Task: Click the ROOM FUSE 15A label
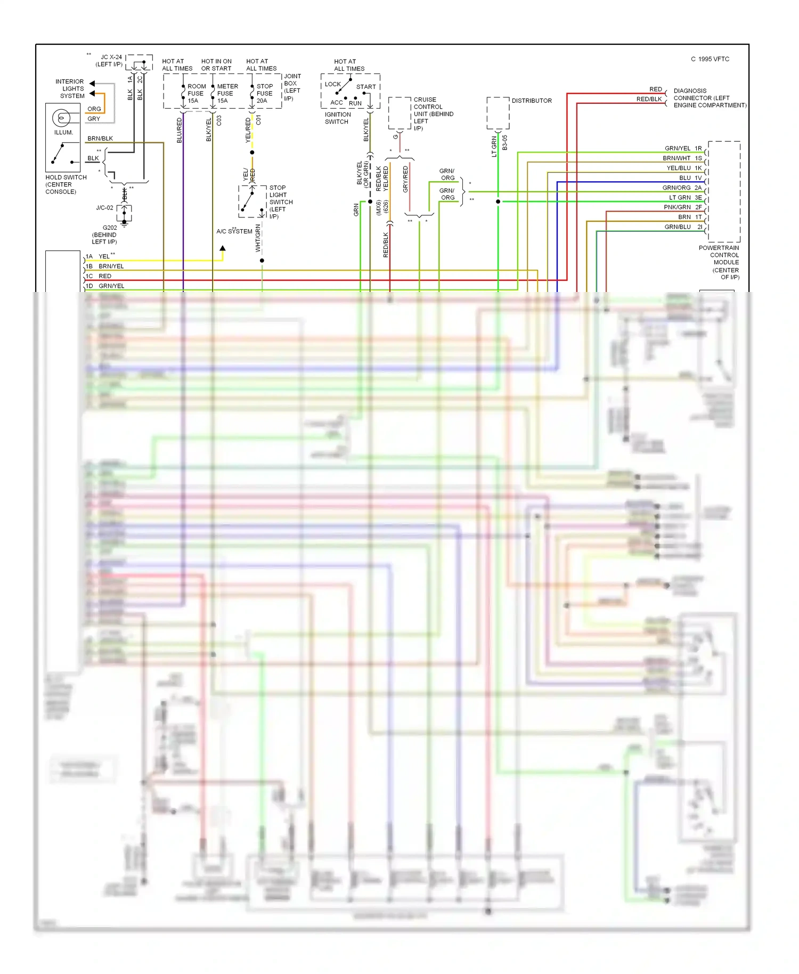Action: pos(196,93)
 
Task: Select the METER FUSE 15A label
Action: pos(227,93)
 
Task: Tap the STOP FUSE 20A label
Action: pos(264,93)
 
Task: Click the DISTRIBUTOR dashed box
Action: pos(498,113)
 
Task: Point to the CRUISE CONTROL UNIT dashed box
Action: pos(399,113)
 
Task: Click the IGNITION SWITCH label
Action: pos(337,118)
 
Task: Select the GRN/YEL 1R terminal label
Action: pos(683,148)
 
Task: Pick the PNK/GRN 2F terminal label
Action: pos(682,207)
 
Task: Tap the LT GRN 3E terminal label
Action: pos(685,198)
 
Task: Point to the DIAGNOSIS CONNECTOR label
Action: pos(709,98)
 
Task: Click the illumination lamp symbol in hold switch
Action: pos(61,118)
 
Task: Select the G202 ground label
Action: pos(105,234)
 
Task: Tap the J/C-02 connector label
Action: pos(104,208)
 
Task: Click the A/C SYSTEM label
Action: pos(234,231)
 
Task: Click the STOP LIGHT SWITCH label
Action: pos(280,202)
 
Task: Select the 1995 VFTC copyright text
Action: pos(710,59)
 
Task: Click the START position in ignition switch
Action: pos(366,87)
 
